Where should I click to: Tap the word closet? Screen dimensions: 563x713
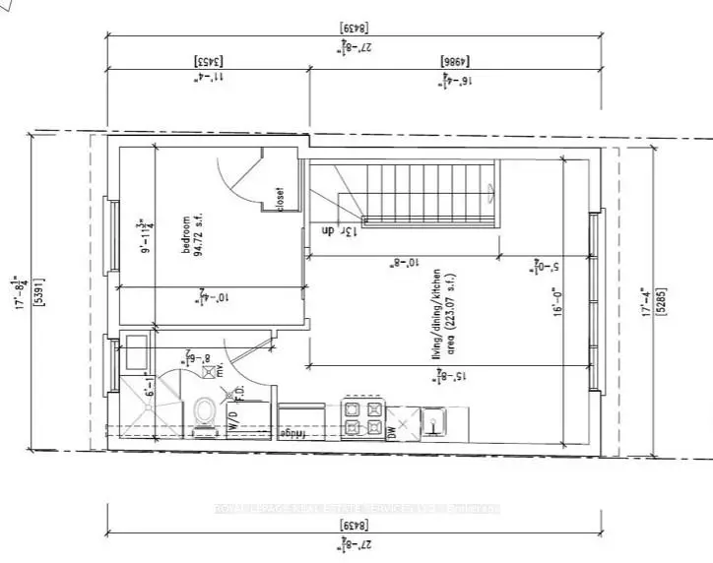[280, 199]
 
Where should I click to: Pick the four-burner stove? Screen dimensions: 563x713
[364, 419]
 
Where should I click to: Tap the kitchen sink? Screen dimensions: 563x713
[435, 423]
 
